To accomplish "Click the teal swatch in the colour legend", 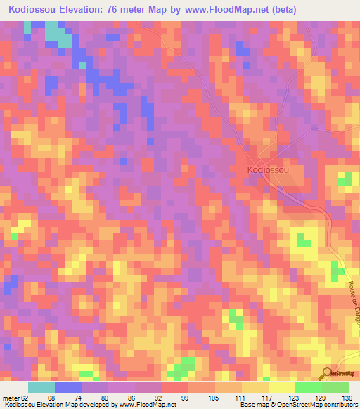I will [41, 387].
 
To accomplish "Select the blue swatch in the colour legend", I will [68, 387].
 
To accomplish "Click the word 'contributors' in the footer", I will [339, 405].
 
